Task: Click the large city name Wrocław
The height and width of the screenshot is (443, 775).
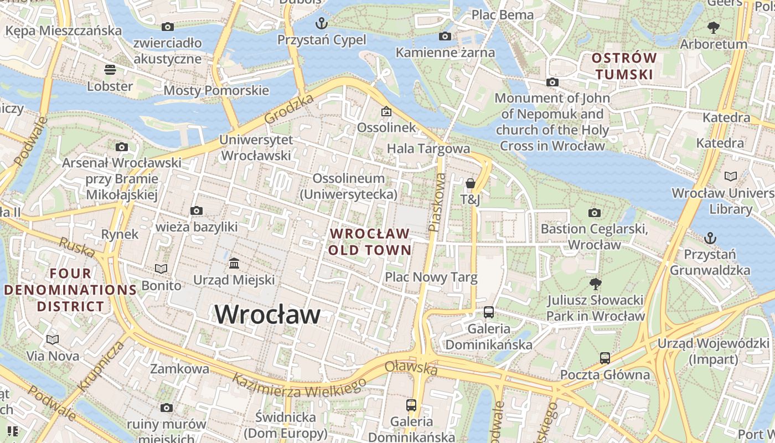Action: point(267,315)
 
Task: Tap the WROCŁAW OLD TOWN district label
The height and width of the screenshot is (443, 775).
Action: point(370,242)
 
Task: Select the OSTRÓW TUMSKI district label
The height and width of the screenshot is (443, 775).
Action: point(624,66)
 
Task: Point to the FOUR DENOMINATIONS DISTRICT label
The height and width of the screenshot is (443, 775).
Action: point(70,290)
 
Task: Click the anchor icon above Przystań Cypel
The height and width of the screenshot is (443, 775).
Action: point(321,23)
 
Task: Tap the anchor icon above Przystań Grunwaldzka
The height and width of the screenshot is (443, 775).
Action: point(710,238)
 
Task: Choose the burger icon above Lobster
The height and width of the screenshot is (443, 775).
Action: point(110,70)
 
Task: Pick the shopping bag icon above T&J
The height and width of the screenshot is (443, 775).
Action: point(470,183)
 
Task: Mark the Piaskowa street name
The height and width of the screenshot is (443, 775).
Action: point(437,202)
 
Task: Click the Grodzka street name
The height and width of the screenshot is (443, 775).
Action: point(288,109)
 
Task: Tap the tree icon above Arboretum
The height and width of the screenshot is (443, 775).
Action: point(713,27)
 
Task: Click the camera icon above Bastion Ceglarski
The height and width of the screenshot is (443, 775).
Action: point(594,213)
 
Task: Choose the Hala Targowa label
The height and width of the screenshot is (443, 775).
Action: point(428,148)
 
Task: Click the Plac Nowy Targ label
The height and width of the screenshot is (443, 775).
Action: point(431,277)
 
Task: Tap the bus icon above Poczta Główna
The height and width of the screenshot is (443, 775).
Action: point(604,358)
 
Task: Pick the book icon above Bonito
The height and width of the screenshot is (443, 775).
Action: point(161,269)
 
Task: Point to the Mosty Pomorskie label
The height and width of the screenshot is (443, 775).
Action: point(216,90)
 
